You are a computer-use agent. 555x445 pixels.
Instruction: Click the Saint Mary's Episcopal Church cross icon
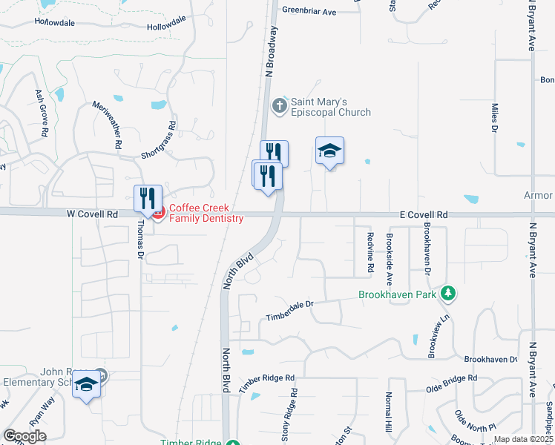[x=279, y=105]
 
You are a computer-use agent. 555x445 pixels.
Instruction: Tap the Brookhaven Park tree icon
[x=447, y=294]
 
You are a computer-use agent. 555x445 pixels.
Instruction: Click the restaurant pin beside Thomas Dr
[x=148, y=198]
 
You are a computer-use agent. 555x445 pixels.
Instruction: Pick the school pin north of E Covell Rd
[x=329, y=152]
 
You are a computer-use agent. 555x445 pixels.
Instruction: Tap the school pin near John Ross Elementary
[x=87, y=385]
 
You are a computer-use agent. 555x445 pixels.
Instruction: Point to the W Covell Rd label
[x=93, y=214]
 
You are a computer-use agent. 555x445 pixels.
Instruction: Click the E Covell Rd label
[x=424, y=214]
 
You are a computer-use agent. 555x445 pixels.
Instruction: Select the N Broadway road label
[x=270, y=52]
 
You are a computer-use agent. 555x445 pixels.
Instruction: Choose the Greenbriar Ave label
[x=309, y=12]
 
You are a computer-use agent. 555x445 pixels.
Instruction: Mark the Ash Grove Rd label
[x=42, y=113]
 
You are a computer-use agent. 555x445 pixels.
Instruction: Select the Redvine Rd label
[x=369, y=254]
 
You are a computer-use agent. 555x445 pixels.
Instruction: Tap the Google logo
[x=24, y=436]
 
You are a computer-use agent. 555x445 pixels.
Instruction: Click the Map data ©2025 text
[x=523, y=439]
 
